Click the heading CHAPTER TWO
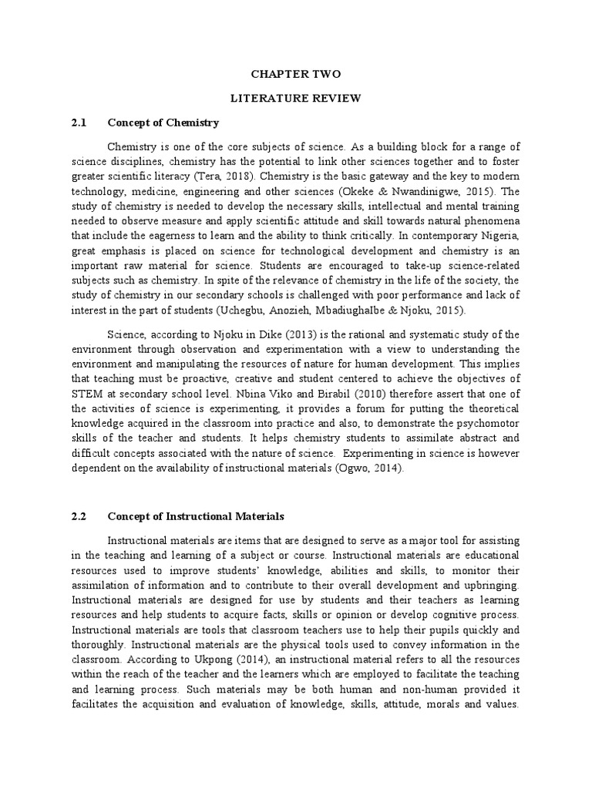coord(296,74)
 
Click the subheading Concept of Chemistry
coord(163,123)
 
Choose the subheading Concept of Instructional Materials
coord(196,515)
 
